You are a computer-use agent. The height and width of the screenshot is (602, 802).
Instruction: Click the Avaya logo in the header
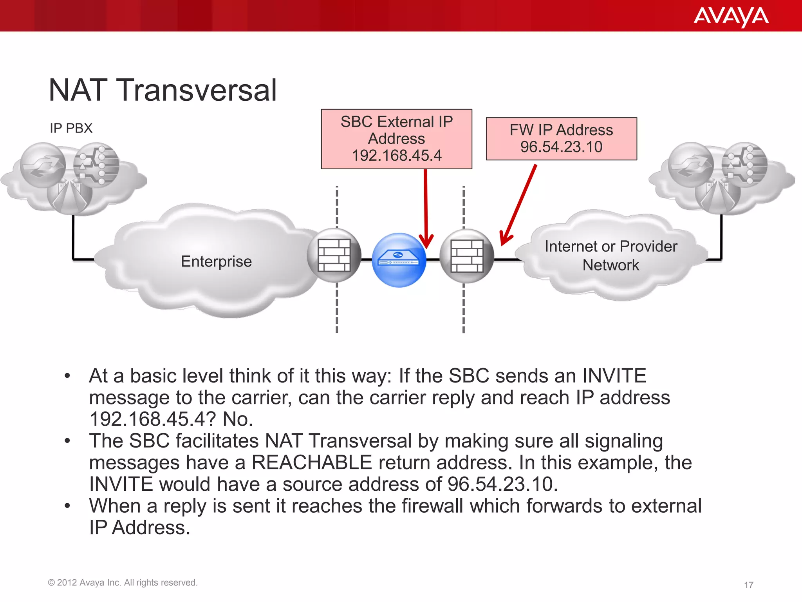pos(731,17)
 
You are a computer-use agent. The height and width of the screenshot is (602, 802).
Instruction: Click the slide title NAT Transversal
pos(163,90)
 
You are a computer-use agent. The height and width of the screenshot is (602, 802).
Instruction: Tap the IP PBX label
pos(71,128)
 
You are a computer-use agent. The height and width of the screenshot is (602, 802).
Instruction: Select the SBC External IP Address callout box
pos(396,139)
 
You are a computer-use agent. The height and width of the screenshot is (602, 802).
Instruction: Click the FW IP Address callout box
pos(561,138)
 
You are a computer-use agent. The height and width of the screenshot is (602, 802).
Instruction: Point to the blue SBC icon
pos(399,260)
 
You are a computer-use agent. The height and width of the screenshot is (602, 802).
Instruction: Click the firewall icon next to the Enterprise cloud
pos(334,255)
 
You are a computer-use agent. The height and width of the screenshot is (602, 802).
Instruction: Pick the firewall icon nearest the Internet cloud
pos(467,256)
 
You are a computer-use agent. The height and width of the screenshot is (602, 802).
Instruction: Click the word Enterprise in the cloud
pos(216,261)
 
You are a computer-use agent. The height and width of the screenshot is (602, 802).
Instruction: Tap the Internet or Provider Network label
pos(611,256)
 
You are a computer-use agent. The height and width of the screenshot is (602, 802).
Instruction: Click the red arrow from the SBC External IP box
pos(426,208)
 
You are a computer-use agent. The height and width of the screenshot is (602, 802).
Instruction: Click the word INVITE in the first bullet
pos(614,376)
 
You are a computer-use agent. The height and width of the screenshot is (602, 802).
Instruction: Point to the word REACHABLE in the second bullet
pos(311,462)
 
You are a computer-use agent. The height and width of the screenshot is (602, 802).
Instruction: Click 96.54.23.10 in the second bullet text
pos(502,484)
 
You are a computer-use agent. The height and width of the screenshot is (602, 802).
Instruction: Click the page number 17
pos(748,585)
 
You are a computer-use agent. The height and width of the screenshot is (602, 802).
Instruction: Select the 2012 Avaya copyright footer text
pos(123,582)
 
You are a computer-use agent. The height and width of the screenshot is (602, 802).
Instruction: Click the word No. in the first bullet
pos(238,419)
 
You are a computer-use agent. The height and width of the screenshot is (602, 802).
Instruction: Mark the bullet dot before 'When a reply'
pos(67,506)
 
